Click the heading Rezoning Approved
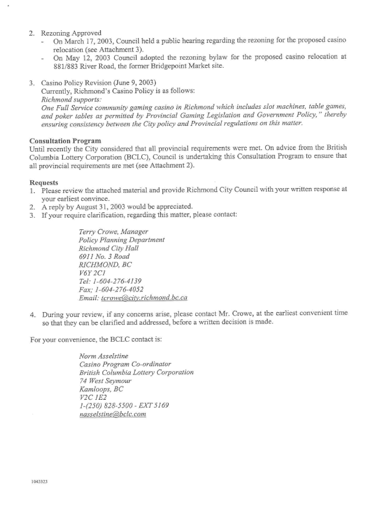[71, 32]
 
